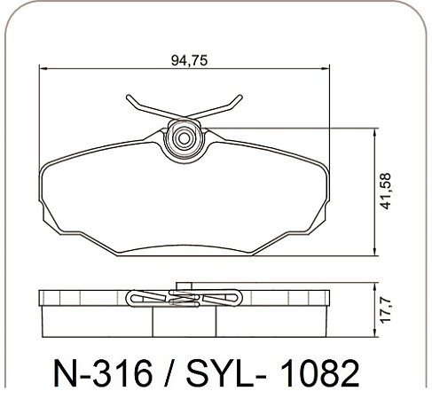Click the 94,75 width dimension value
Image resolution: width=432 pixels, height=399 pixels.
point(189,60)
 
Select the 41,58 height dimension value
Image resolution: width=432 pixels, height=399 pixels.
point(386,192)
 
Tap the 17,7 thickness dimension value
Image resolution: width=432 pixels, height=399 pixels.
point(386,309)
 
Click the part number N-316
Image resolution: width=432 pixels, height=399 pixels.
point(102,373)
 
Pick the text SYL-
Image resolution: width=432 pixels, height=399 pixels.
point(226,373)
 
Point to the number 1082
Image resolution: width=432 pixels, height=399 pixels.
point(319,373)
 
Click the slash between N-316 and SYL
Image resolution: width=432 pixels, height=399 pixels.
point(169,373)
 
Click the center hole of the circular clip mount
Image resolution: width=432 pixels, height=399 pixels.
point(184,138)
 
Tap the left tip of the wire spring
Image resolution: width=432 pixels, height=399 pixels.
point(128,97)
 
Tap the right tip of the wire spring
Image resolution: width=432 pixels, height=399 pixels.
point(240,97)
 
